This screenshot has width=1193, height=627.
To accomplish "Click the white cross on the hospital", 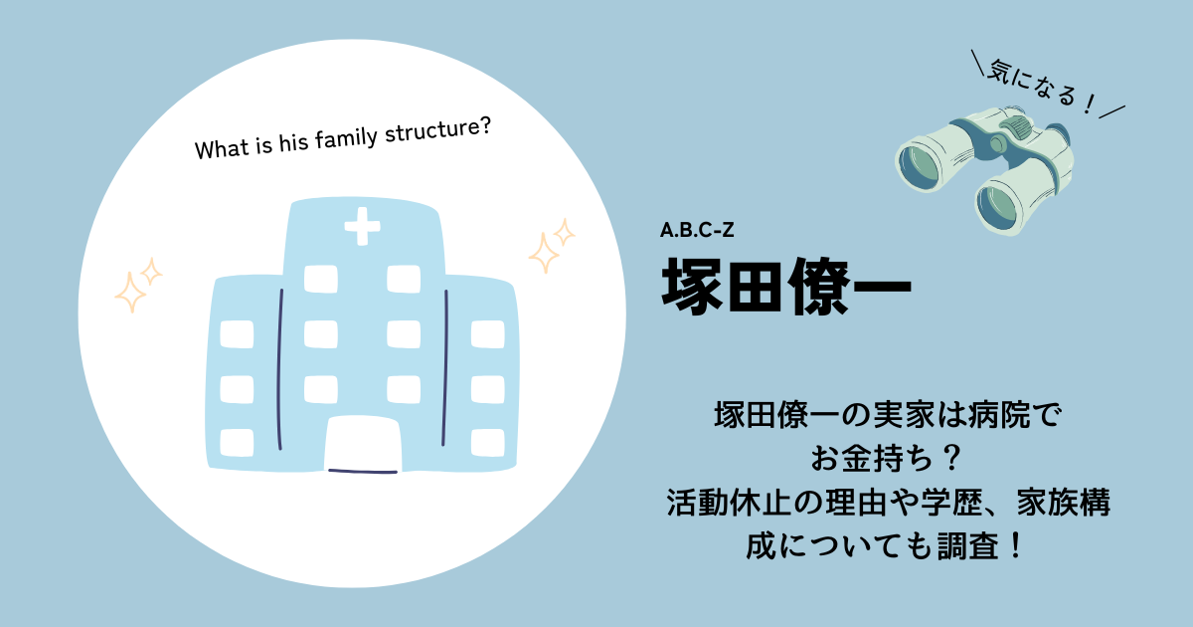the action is [x=362, y=226].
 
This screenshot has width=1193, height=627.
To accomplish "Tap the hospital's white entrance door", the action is [x=363, y=444].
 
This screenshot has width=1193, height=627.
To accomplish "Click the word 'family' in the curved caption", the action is [x=346, y=138].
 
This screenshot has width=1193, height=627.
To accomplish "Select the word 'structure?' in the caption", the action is [x=437, y=129].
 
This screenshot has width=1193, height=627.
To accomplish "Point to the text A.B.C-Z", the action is [x=697, y=230].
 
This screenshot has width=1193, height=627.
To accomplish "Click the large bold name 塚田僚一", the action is [x=786, y=287].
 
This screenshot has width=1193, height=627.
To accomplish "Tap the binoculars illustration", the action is [x=984, y=169].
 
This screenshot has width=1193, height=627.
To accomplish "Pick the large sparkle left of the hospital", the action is [x=130, y=293].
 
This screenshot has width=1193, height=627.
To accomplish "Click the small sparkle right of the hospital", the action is [x=564, y=233].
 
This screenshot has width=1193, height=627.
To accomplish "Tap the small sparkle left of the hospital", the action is [x=151, y=272].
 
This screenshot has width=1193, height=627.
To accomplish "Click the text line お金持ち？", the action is [x=887, y=459].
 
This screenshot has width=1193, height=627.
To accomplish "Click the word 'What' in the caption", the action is [x=222, y=148].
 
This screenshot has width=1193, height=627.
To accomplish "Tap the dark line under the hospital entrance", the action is [x=363, y=472].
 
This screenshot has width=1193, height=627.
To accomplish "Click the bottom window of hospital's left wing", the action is [x=237, y=443].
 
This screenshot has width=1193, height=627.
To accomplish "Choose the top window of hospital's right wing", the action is [x=488, y=333].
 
